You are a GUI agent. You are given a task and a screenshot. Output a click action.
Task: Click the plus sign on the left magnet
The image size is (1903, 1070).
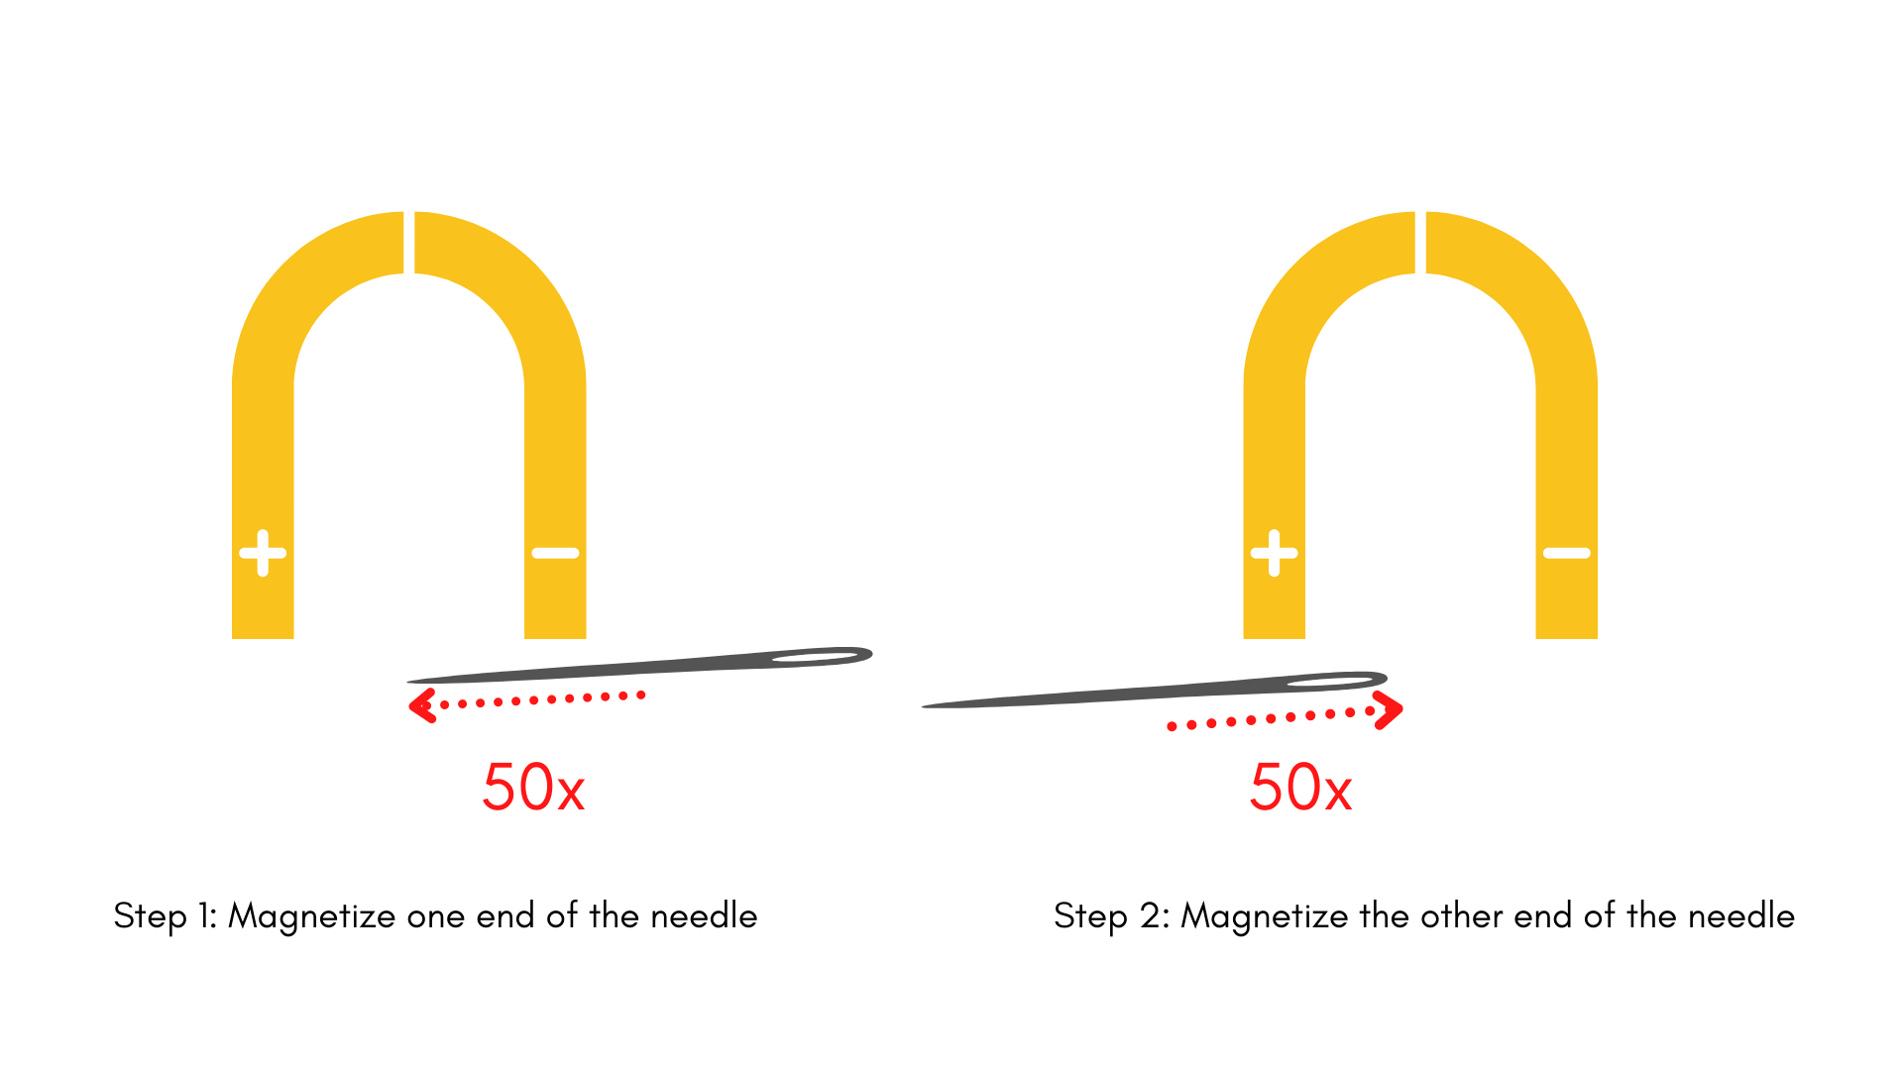pyautogui.click(x=263, y=553)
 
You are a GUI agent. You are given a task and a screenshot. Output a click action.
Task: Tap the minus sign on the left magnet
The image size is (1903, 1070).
pyautogui.click(x=555, y=553)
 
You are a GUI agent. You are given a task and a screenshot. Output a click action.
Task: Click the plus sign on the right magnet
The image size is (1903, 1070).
pyautogui.click(x=1274, y=553)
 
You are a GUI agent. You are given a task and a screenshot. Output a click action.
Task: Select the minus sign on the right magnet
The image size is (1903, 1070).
pyautogui.click(x=1566, y=553)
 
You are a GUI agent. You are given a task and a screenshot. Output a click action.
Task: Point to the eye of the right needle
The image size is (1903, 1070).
pyautogui.click(x=1330, y=682)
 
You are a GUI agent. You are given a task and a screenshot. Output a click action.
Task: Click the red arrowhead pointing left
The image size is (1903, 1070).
pyautogui.click(x=422, y=705)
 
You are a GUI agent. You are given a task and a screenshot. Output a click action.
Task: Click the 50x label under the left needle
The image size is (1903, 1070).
pyautogui.click(x=533, y=788)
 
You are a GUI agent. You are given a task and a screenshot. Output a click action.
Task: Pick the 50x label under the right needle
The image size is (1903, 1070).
pyautogui.click(x=1300, y=788)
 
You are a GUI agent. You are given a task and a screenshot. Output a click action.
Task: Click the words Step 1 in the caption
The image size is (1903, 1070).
pyautogui.click(x=165, y=916)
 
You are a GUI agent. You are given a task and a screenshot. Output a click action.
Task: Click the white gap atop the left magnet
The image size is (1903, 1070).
pyautogui.click(x=408, y=242)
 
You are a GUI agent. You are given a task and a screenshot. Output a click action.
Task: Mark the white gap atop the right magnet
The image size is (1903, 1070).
pyautogui.click(x=1420, y=242)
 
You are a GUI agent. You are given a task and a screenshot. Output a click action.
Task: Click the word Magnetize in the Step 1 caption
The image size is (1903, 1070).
pyautogui.click(x=312, y=916)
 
